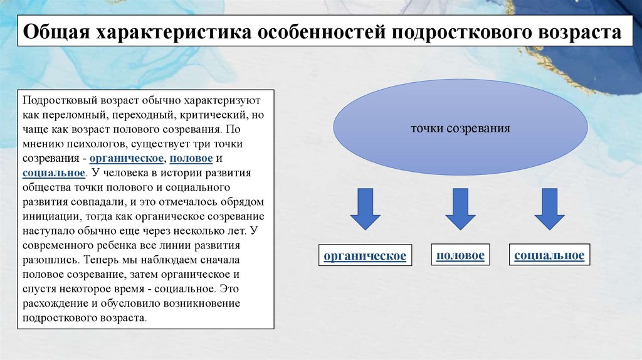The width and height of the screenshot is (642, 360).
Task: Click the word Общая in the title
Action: [x=56, y=33]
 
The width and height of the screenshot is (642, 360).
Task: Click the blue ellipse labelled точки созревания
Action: [x=460, y=127]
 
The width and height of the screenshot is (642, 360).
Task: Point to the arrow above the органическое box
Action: [x=365, y=209]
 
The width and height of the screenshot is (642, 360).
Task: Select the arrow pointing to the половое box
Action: [x=460, y=209]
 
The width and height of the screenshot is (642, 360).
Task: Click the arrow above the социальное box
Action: [x=549, y=209]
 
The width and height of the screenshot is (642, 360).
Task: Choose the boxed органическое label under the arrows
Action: [x=365, y=256]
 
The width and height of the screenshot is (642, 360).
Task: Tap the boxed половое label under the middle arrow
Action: [x=460, y=256]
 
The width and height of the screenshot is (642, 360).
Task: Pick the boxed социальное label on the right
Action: [x=549, y=256]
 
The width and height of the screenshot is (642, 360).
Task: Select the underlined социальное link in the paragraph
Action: [x=53, y=173]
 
